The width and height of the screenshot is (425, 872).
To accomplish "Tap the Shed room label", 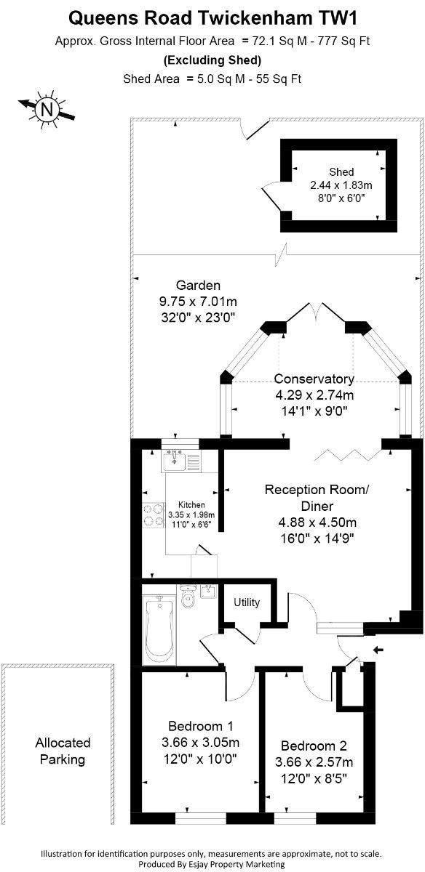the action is pyautogui.click(x=341, y=171).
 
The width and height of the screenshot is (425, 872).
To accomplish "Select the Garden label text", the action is pyautogui.click(x=198, y=286).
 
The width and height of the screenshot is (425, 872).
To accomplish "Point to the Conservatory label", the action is pyautogui.click(x=314, y=379).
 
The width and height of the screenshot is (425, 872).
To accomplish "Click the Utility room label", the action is pyautogui.click(x=247, y=602).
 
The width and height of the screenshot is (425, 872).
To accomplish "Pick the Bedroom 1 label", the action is pyautogui.click(x=200, y=726).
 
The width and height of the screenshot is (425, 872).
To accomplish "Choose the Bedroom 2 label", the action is pyautogui.click(x=314, y=746).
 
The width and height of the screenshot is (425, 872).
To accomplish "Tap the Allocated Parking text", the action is pyautogui.click(x=63, y=751).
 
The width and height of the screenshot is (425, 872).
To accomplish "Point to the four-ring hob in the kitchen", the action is pyautogui.click(x=154, y=514).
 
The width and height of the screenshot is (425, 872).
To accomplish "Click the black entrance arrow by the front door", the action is pyautogui.click(x=378, y=650).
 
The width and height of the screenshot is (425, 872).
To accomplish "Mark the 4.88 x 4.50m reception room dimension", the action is pyautogui.click(x=317, y=522).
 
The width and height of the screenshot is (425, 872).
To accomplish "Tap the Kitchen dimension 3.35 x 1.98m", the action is pyautogui.click(x=191, y=514).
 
